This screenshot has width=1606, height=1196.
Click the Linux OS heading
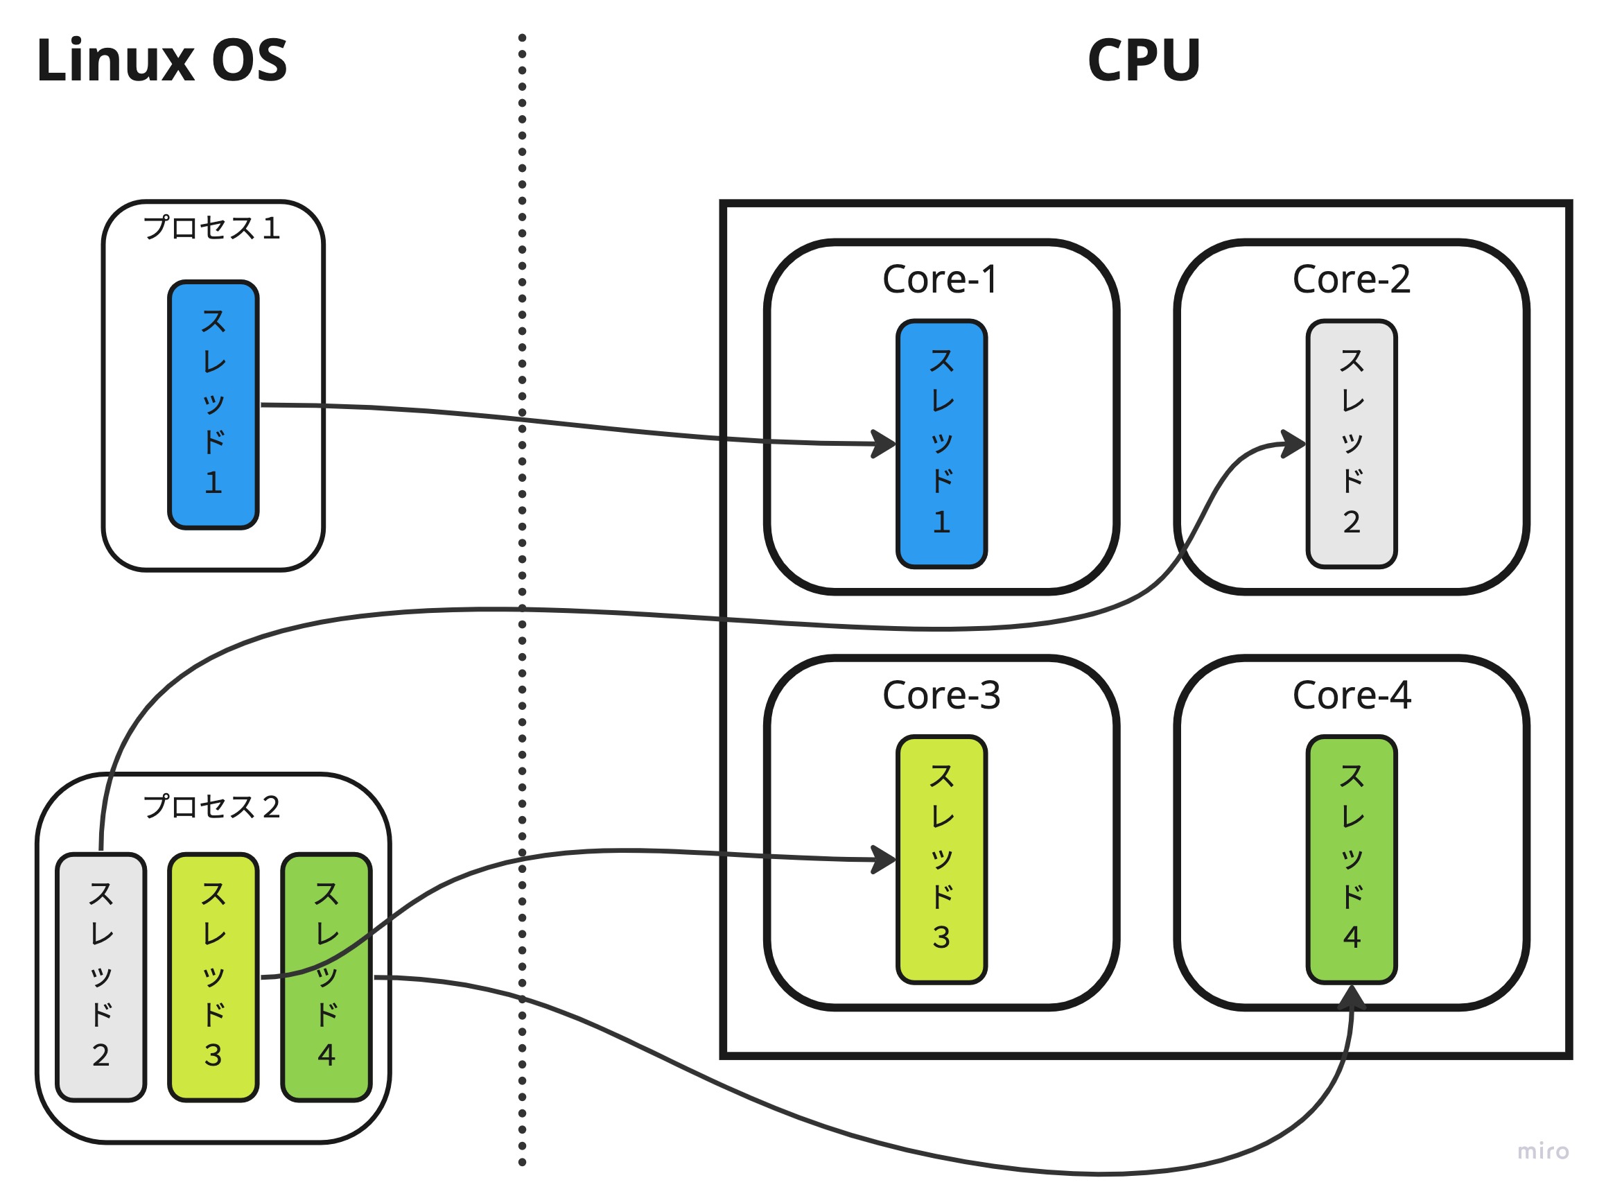162,60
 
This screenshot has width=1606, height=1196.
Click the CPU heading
1144,60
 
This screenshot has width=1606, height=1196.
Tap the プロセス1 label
211,228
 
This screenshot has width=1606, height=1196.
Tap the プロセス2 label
211,806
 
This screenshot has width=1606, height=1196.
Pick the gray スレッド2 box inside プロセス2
101,978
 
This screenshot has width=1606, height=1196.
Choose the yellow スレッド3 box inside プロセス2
213,978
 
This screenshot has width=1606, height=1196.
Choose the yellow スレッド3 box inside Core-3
941,860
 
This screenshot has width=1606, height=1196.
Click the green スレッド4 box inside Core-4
1350,860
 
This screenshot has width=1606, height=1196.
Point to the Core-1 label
939,279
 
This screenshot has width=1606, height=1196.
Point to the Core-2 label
1350,279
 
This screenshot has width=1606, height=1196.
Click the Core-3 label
941,695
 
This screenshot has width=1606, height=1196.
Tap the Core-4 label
1350,695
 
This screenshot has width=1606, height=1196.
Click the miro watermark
1542,1151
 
